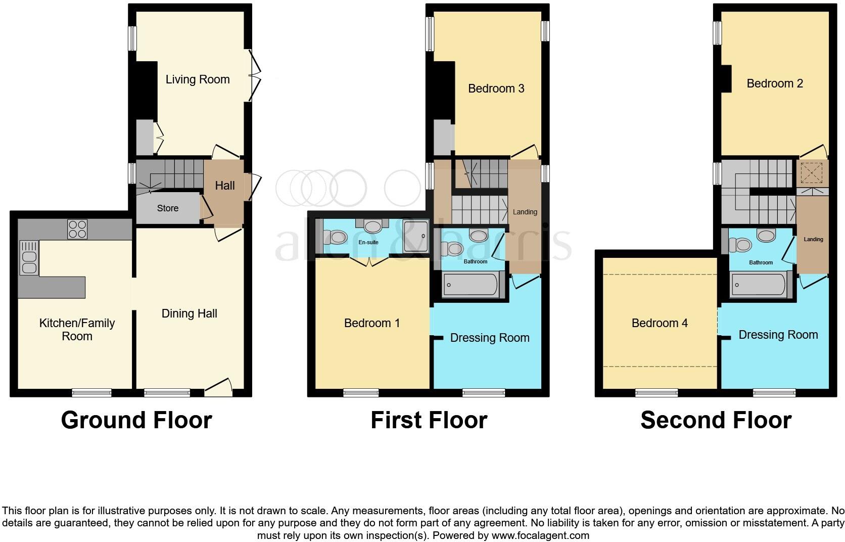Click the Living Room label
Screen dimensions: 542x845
click(198, 79)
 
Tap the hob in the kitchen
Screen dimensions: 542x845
click(77, 229)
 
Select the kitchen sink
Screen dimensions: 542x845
click(29, 258)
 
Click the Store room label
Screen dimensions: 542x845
click(168, 208)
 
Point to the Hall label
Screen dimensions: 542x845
click(225, 186)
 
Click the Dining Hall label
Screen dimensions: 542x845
click(189, 313)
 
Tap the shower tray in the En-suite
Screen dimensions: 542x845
click(416, 236)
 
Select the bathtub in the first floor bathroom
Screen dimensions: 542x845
click(471, 285)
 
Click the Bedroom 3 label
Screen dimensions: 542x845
click(496, 88)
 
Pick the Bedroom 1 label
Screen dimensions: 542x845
click(372, 323)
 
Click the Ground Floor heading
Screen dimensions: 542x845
click(136, 420)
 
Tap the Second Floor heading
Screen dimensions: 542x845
click(716, 420)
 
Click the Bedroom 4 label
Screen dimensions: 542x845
click(660, 323)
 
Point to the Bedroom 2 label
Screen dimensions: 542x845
click(775, 83)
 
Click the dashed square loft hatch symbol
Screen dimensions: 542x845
click(812, 173)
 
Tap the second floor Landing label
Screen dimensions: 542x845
click(813, 239)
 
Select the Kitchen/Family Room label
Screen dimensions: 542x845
click(77, 329)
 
